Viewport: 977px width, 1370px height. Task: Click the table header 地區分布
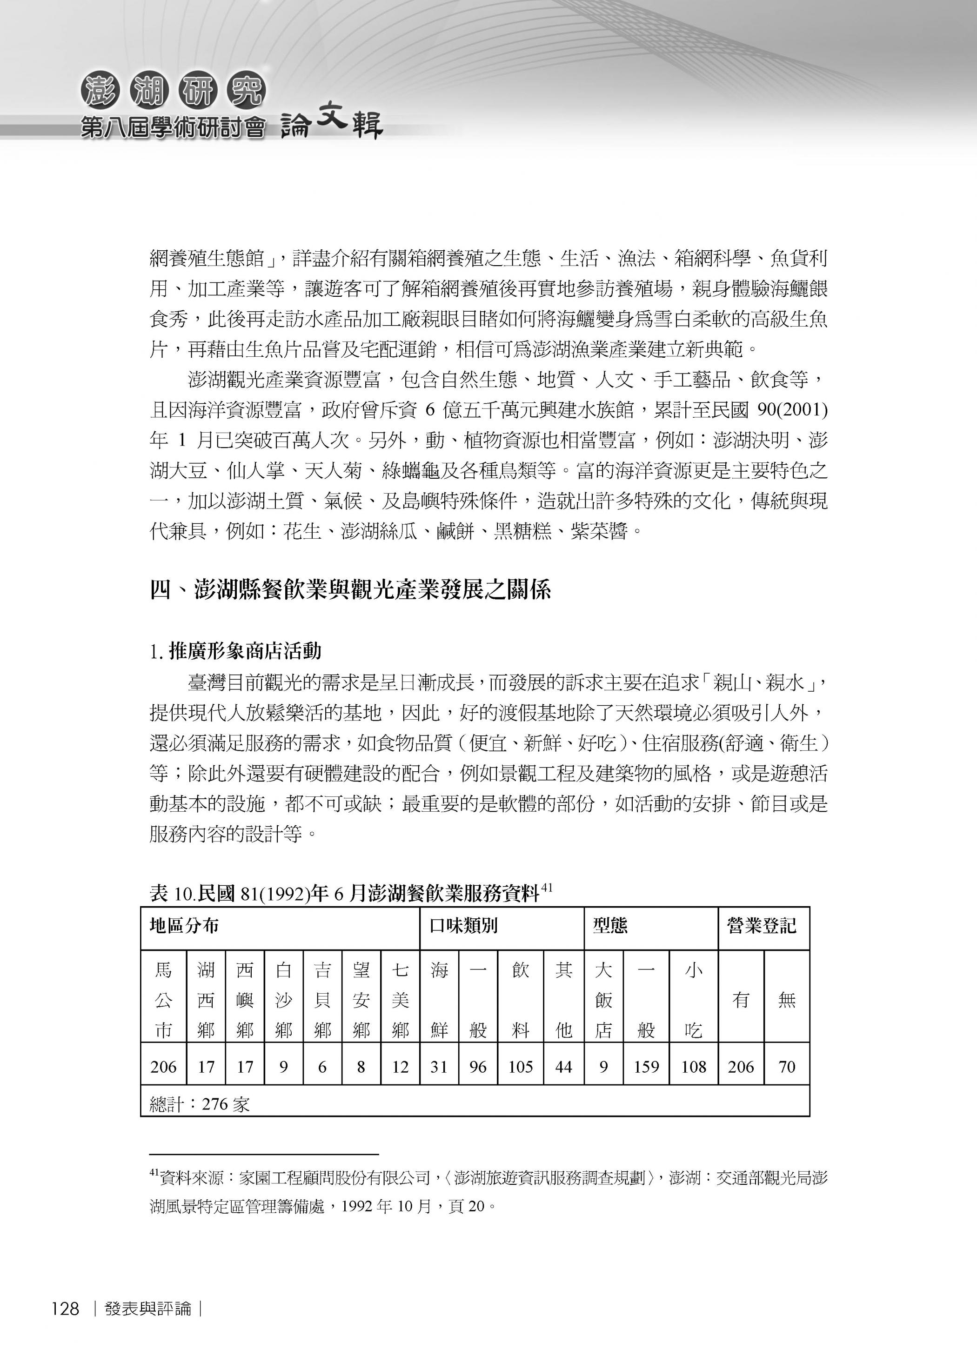coord(184,925)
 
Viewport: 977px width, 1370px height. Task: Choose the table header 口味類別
coord(463,925)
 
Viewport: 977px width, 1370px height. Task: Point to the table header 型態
coord(610,925)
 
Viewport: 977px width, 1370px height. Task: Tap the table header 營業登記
coord(762,925)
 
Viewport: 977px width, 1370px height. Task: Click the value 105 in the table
coord(521,1067)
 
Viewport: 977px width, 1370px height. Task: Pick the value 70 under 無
coord(786,1067)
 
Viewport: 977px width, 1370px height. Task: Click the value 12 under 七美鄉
coord(400,1067)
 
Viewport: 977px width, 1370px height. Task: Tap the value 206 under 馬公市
coord(164,1067)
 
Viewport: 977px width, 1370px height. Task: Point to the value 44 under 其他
coord(564,1067)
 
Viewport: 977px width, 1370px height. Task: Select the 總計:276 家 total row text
coord(199,1104)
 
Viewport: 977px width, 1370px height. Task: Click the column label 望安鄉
coord(361,1000)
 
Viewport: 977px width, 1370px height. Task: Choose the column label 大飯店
coord(603,1000)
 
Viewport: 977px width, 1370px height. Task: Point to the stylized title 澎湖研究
coord(173,92)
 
